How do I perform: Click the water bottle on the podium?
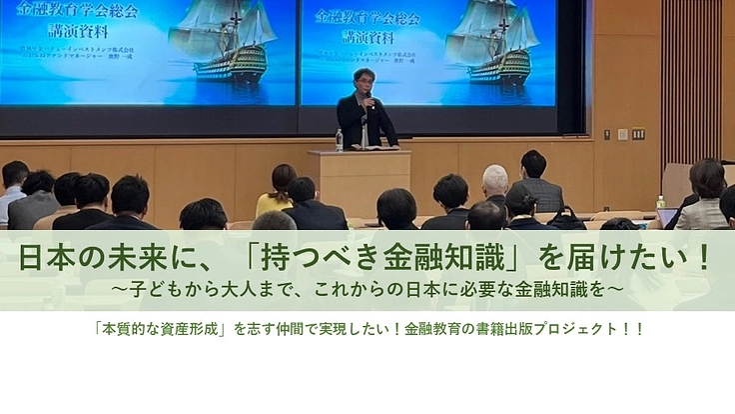[340, 140]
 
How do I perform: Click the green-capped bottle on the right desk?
[660, 202]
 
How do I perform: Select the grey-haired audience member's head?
[495, 180]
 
